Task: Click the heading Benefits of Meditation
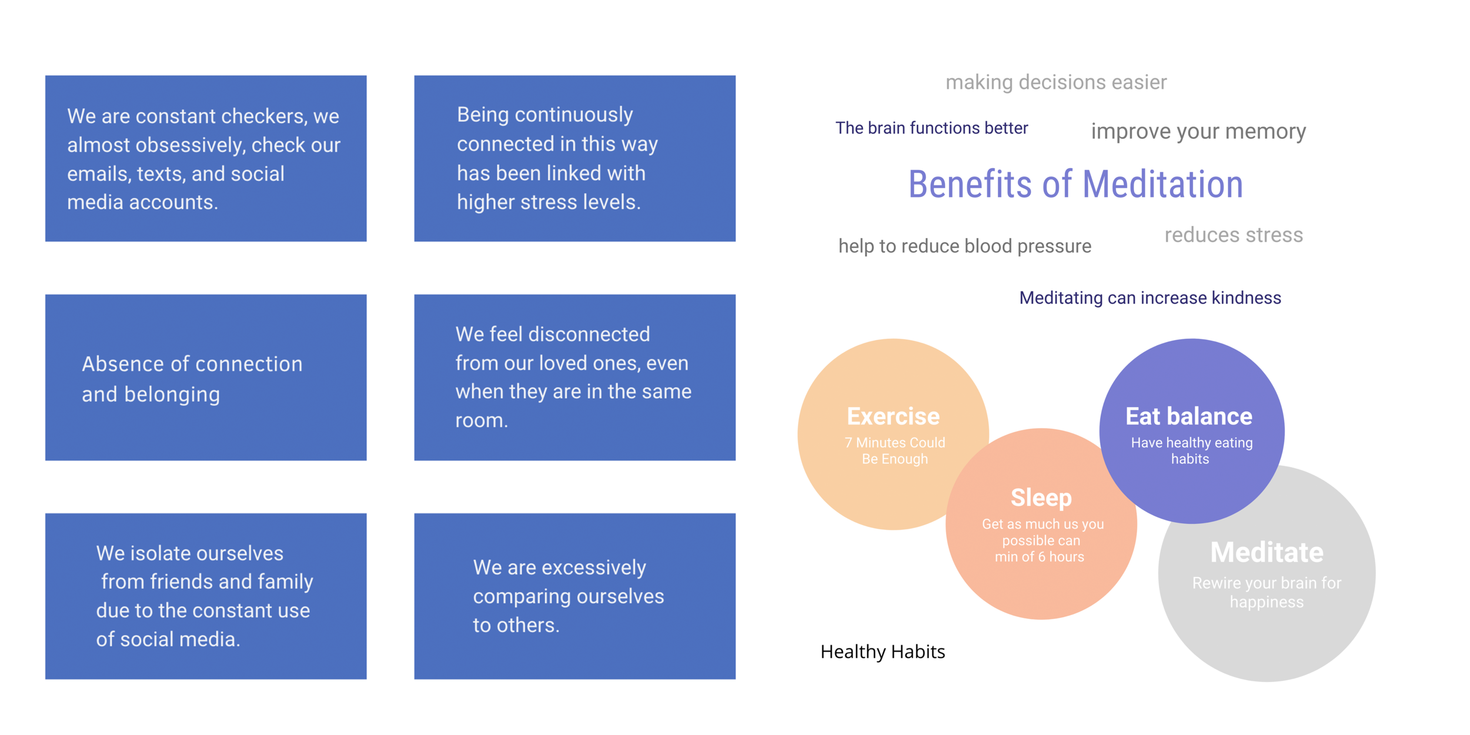click(1075, 184)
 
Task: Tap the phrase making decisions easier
click(1056, 82)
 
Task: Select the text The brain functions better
click(931, 128)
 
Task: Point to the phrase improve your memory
click(1198, 131)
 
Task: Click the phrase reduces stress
click(1234, 235)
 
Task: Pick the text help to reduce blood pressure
click(964, 246)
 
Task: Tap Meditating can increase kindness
click(1150, 298)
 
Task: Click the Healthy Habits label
click(882, 652)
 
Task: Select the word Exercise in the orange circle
click(893, 416)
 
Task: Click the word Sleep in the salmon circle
click(1041, 498)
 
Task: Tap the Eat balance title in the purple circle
click(1188, 416)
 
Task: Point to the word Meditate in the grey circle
click(1267, 552)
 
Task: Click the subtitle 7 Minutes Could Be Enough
click(895, 451)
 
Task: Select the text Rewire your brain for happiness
click(1267, 592)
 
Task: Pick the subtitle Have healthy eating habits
click(1191, 451)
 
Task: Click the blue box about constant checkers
click(206, 158)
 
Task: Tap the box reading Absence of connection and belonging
click(206, 377)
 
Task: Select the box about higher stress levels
click(574, 158)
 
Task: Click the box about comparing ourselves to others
click(574, 596)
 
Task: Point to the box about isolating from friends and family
click(206, 596)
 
